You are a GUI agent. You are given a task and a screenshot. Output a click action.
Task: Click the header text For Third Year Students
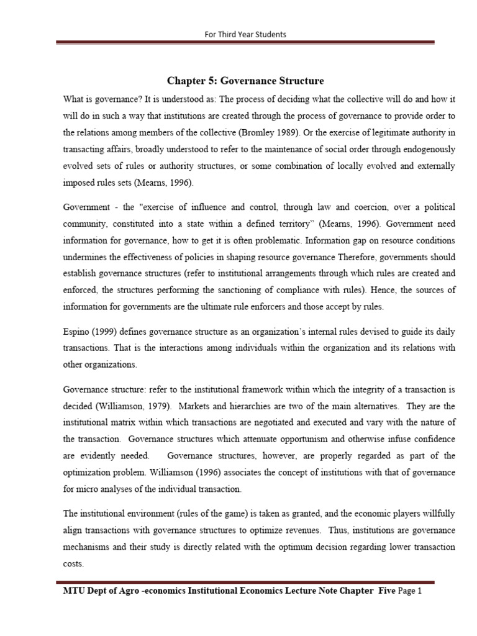[245, 34]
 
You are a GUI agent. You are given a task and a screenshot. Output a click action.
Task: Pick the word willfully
[435, 514]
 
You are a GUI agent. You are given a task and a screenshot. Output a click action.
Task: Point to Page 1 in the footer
[409, 591]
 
